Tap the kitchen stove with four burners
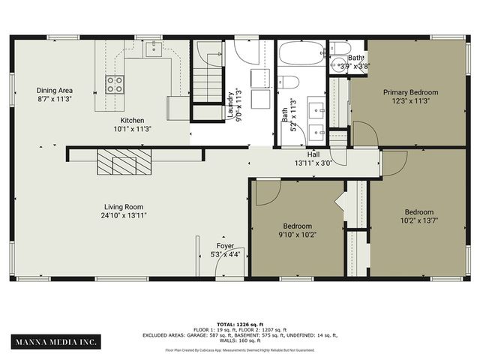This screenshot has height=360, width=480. tap(115, 83)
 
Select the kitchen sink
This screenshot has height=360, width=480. tap(154, 49)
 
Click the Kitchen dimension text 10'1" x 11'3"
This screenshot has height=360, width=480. tap(132, 129)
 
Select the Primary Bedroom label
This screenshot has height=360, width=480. tap(410, 92)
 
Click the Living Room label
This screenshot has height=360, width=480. tap(124, 207)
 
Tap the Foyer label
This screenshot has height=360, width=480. tap(225, 246)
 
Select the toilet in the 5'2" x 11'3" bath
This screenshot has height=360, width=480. tap(289, 82)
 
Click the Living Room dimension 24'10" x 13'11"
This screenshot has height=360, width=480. tap(124, 216)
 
